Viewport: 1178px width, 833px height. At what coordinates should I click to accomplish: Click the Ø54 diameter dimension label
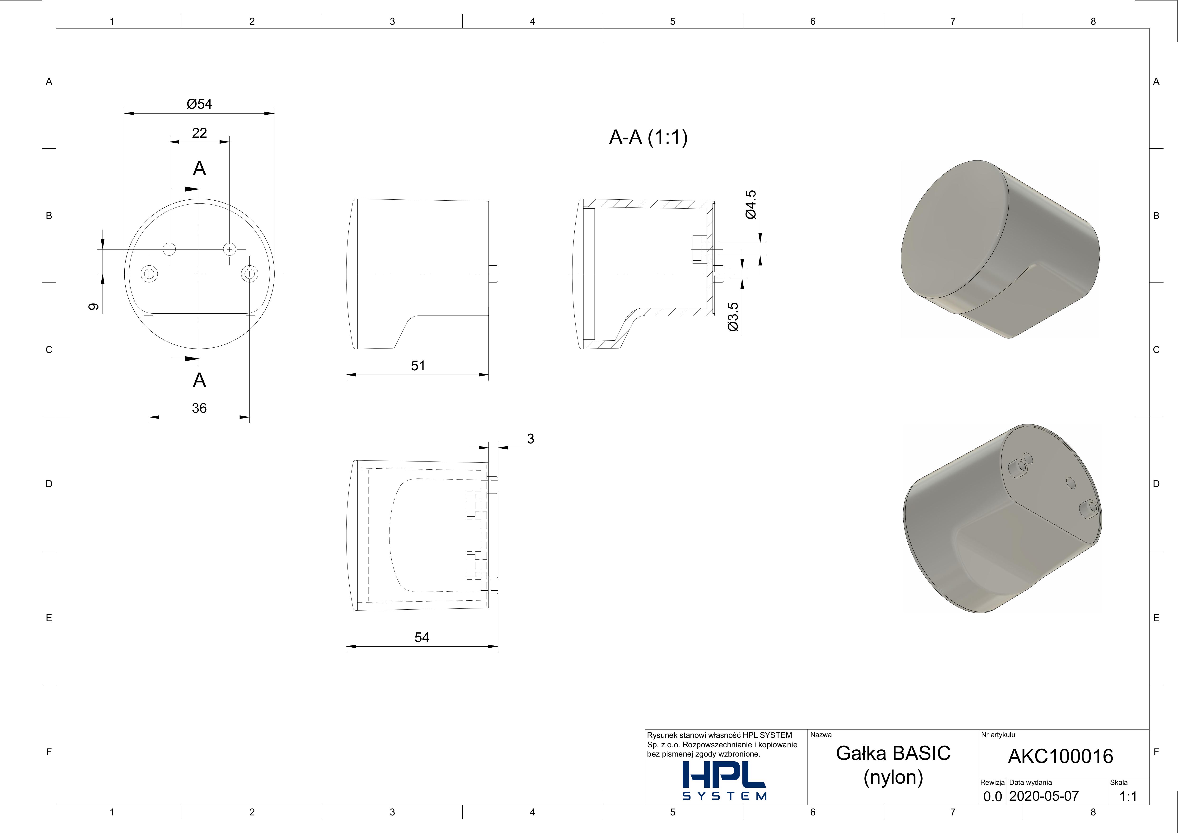coord(199,104)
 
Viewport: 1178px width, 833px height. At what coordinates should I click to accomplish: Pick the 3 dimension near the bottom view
coord(530,439)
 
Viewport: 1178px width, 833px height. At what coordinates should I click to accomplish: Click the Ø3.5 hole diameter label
coord(733,317)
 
